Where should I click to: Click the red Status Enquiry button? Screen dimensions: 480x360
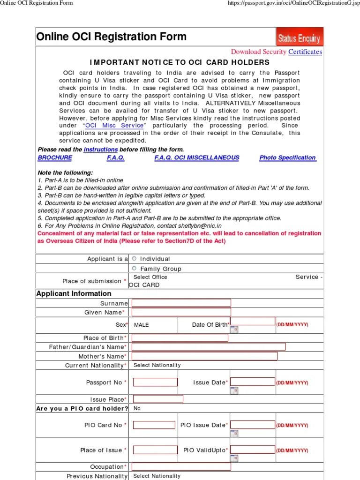coord(299,37)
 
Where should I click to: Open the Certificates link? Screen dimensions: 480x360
coord(305,52)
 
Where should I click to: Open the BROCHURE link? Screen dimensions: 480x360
coord(55,158)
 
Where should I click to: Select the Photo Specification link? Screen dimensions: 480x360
coord(288,158)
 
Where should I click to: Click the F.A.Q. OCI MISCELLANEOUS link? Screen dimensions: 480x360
coord(197,158)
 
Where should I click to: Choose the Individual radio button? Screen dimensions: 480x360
coord(135,258)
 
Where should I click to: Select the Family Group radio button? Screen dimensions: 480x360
coord(135,268)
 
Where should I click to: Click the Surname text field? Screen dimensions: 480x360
coord(181,303)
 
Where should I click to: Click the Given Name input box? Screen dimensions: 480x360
coord(181,312)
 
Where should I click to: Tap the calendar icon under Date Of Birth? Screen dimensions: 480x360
coord(234,329)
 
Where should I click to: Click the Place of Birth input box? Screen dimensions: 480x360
coord(180,338)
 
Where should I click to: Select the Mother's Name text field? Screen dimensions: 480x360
coord(204,356)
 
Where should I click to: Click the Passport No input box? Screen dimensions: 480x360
coord(155,382)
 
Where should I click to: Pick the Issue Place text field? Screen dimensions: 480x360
coord(157,399)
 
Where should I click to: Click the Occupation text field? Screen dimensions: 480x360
coord(181,467)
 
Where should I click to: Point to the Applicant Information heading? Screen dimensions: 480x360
coord(74,293)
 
